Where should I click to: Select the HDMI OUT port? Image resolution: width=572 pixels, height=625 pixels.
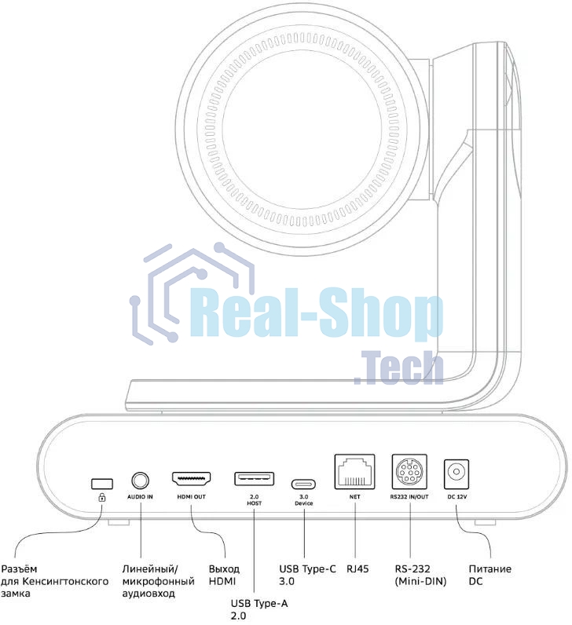[192, 479]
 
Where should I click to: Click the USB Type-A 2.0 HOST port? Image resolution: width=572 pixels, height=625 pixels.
[254, 479]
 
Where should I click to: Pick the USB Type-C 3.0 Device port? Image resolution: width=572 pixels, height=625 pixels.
[304, 484]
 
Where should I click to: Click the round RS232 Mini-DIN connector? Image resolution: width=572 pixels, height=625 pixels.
[410, 474]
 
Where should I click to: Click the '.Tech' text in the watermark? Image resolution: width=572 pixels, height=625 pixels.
[398, 367]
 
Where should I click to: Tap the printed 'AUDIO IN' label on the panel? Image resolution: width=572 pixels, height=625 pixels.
[141, 498]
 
